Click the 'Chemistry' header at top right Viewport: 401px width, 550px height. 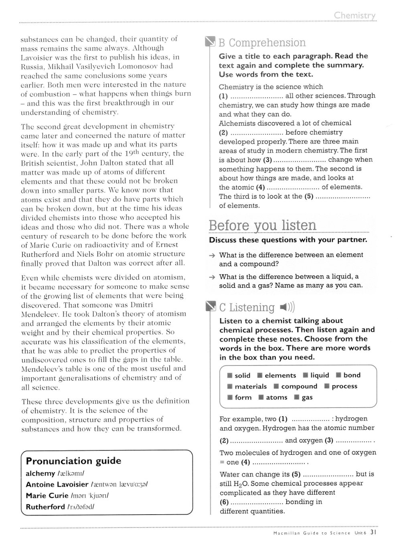(354, 16)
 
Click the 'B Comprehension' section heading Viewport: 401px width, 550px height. (262, 43)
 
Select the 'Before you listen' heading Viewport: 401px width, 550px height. (262, 225)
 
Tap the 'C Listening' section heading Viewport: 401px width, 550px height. (247, 307)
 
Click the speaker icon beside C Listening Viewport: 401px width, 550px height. (287, 307)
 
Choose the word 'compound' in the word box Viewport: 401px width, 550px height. (299, 386)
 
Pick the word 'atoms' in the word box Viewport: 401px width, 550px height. (277, 398)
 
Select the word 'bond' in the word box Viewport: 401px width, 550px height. (352, 375)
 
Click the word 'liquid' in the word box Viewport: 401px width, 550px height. (320, 375)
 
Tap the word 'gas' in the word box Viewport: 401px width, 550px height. (307, 398)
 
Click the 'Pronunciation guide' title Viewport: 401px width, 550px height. (73, 461)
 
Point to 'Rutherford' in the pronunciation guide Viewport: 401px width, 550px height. (45, 507)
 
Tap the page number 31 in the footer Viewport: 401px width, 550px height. (373, 533)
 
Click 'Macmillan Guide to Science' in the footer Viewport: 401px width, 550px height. (306, 533)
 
